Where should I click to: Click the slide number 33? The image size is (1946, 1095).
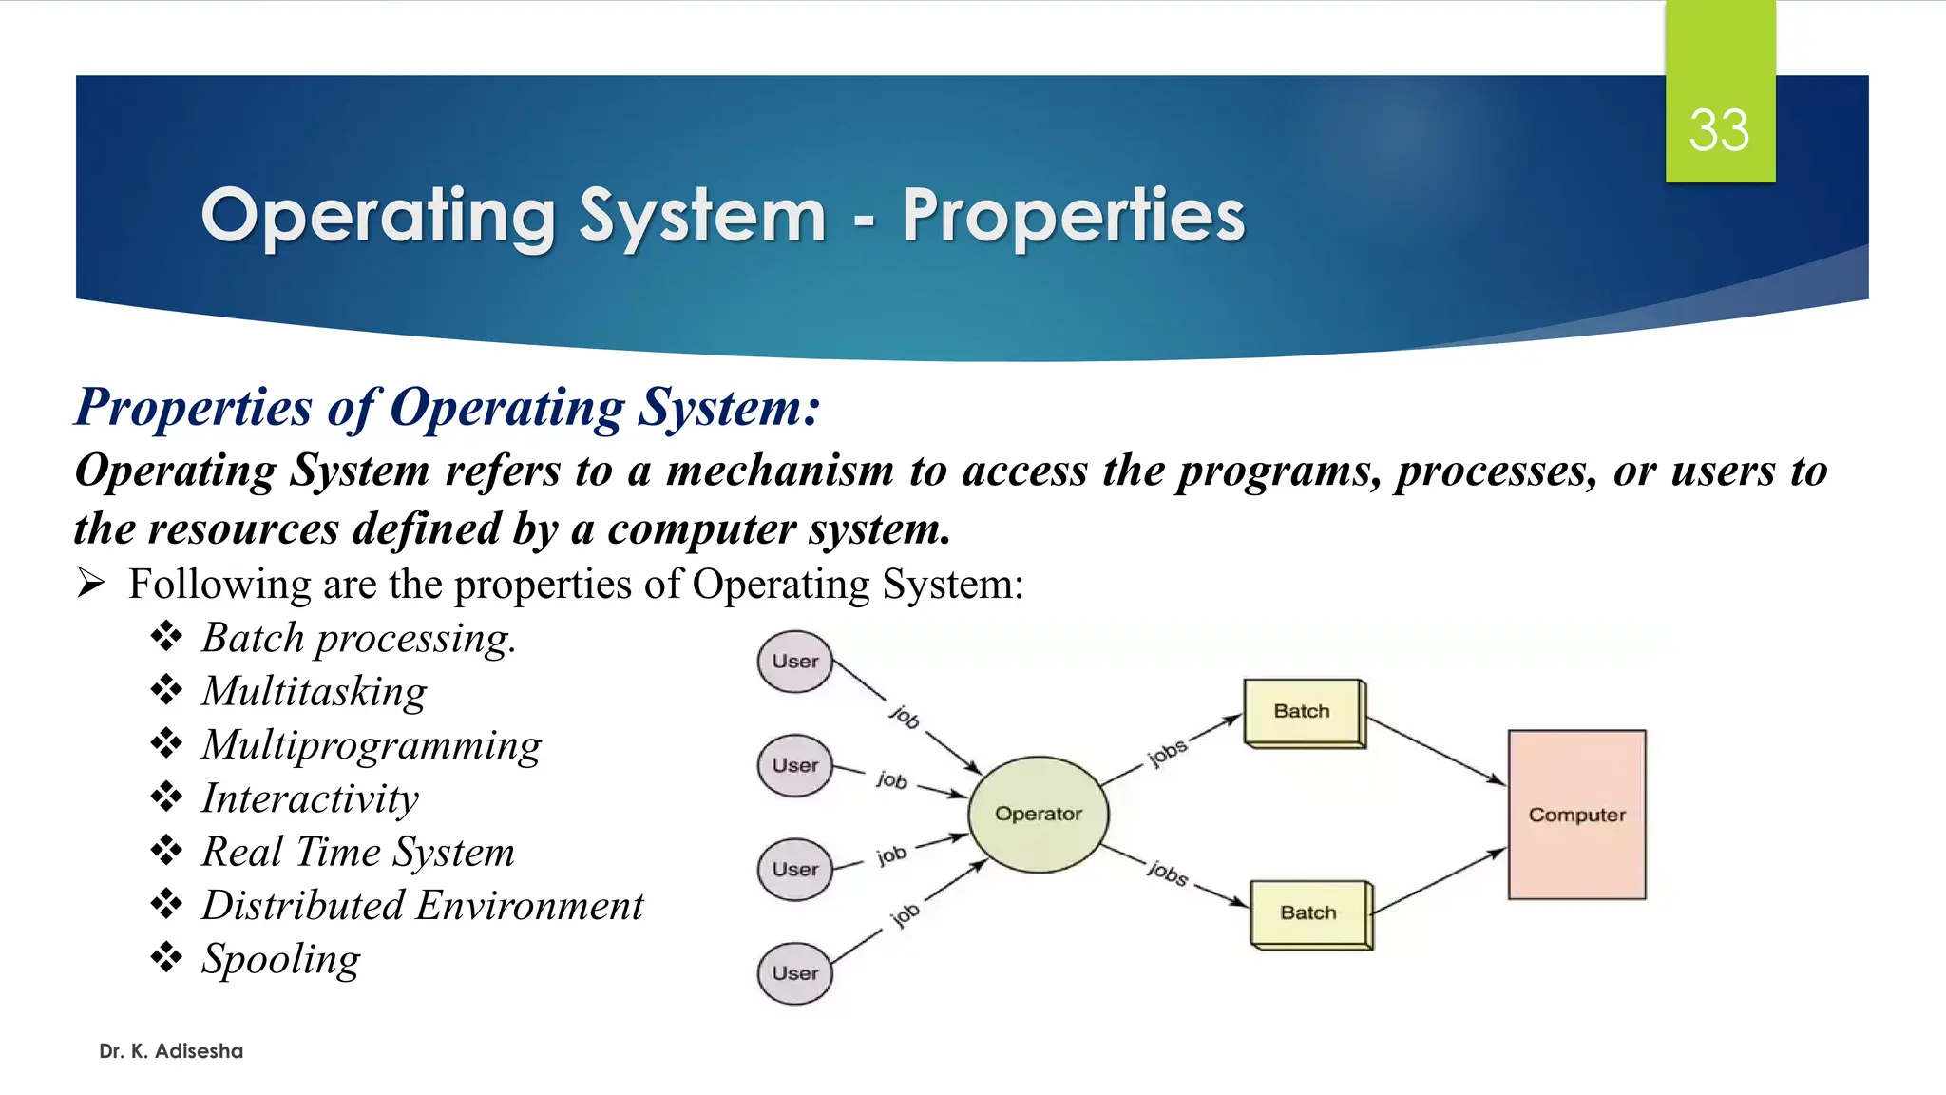1718,130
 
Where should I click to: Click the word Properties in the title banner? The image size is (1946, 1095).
1073,217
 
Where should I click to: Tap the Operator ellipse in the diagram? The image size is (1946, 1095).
1038,814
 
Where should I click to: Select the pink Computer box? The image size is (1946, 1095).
1576,815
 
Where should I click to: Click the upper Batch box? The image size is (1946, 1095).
1303,711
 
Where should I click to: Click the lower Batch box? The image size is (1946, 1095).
1309,912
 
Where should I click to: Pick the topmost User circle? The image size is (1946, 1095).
794,662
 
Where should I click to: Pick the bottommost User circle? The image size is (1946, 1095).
794,973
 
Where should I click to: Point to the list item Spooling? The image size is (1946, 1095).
281,959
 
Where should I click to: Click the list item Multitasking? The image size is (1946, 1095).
315,691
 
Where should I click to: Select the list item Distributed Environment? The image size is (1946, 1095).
423,906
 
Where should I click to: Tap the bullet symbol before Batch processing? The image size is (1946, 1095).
166,636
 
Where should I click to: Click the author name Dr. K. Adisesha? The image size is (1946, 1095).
171,1051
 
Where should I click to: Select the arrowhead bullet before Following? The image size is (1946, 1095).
90,582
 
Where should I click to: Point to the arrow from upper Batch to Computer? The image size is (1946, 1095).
1435,750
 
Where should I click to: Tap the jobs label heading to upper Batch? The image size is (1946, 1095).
1167,752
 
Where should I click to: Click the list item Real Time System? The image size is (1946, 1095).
358,852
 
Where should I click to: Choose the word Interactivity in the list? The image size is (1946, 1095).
310,798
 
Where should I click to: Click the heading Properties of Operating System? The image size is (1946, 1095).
447,407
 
